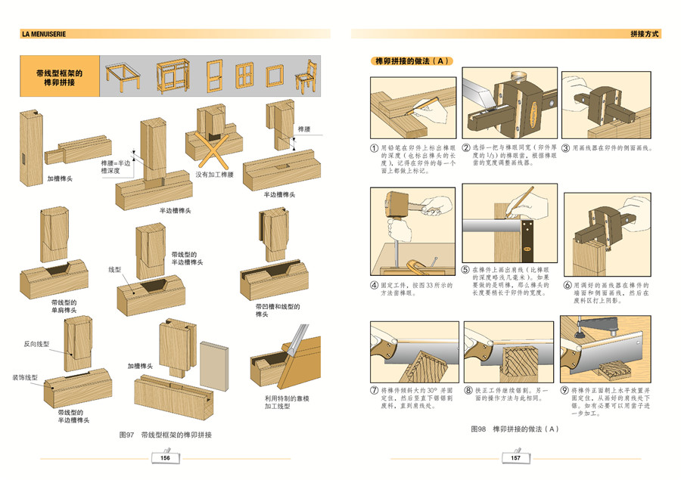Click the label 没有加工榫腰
[216, 174]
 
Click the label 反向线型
[36, 344]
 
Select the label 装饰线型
[24, 377]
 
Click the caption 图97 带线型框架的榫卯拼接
[166, 435]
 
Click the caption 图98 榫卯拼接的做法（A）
[515, 429]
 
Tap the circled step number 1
[375, 148]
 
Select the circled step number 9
[565, 391]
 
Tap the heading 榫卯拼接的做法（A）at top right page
[412, 60]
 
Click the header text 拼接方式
[645, 34]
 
